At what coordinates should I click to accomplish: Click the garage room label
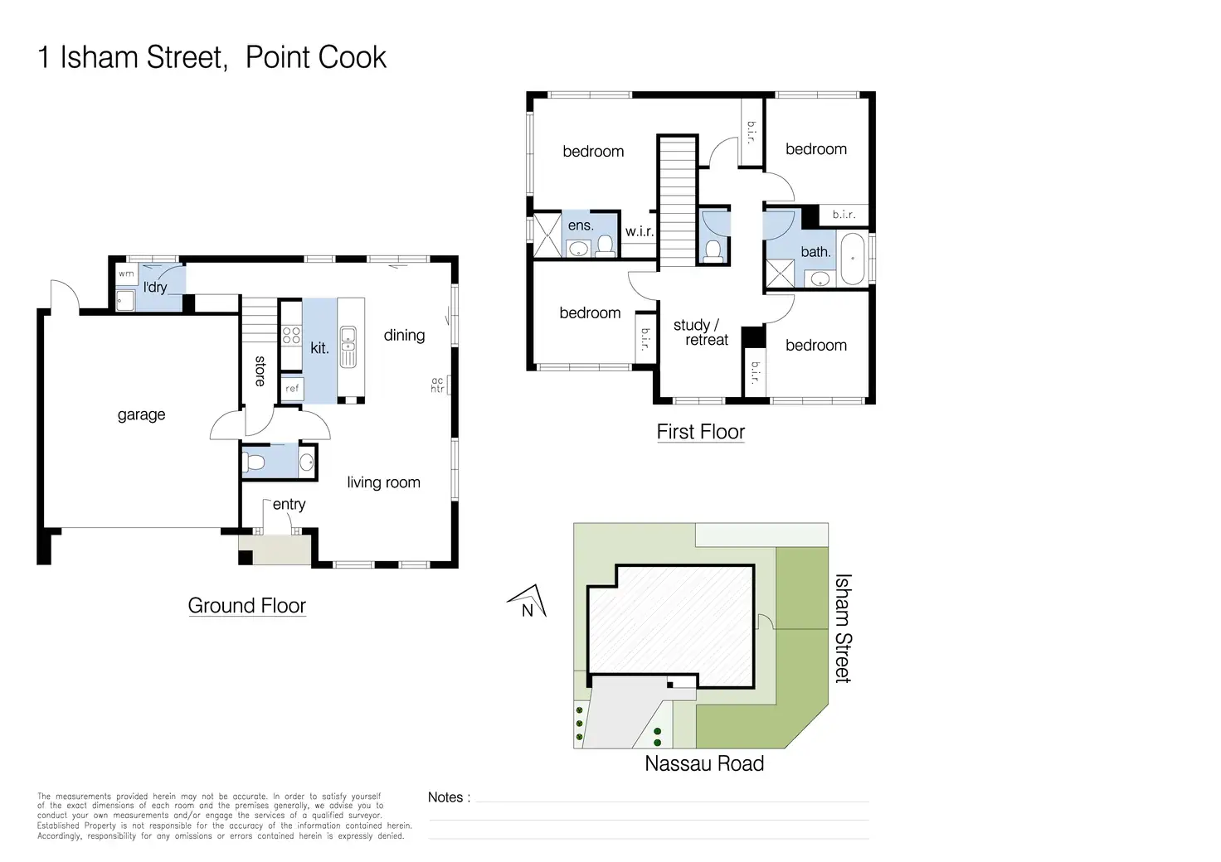[x=141, y=415]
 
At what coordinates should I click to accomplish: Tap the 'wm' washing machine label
[x=126, y=274]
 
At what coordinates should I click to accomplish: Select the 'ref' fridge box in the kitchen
[x=292, y=388]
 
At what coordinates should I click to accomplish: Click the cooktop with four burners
[x=292, y=336]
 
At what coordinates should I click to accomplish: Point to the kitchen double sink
[x=348, y=346]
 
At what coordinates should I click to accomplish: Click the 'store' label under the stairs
[x=260, y=371]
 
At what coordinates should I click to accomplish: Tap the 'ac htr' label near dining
[x=437, y=385]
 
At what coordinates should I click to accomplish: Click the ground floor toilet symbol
[x=254, y=462]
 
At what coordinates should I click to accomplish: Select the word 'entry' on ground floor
[x=289, y=504]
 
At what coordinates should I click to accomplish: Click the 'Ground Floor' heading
[x=247, y=606]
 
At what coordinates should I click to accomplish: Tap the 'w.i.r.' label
[x=640, y=231]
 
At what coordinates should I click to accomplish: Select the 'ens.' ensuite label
[x=581, y=225]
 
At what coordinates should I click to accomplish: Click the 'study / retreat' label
[x=700, y=332]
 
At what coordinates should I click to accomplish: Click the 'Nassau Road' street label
[x=704, y=763]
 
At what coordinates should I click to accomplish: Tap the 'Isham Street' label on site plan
[x=843, y=627]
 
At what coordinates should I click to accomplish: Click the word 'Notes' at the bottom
[x=445, y=797]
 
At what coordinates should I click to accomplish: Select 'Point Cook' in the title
[x=315, y=57]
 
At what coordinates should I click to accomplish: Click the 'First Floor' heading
[x=700, y=432]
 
